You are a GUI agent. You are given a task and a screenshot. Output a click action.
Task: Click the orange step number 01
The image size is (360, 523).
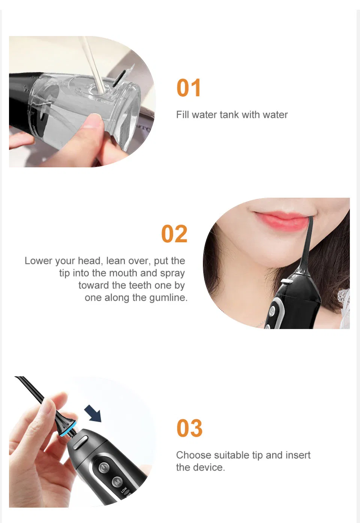click(x=189, y=88)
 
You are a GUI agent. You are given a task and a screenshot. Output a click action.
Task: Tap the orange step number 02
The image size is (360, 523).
click(x=174, y=234)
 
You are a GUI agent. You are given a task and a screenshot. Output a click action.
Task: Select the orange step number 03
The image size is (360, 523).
click(x=189, y=428)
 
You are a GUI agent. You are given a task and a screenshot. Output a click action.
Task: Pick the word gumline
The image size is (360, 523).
click(x=168, y=298)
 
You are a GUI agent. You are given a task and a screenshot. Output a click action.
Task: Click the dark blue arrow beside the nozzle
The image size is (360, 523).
click(x=93, y=413)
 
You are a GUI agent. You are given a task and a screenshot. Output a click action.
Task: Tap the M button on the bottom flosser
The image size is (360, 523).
click(x=117, y=482)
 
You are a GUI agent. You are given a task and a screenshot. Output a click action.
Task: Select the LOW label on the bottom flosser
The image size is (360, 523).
click(x=124, y=490)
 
